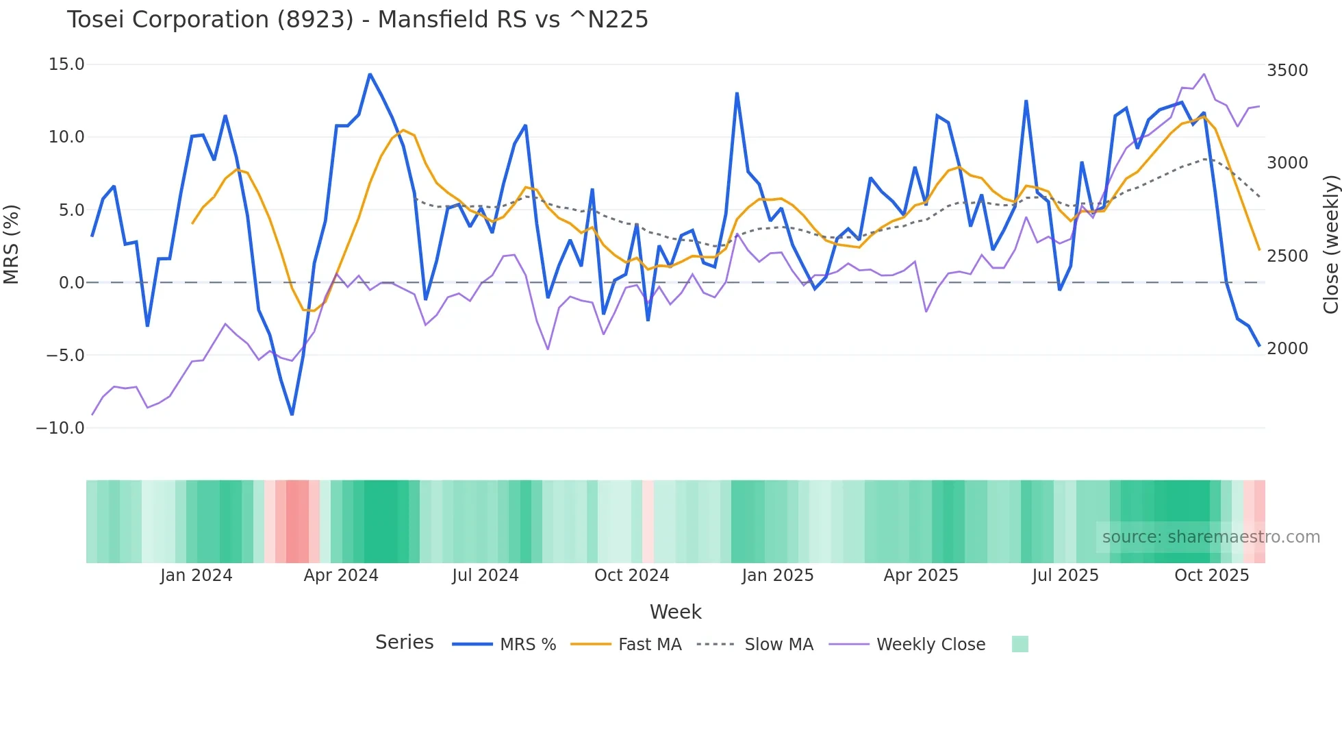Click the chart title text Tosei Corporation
pos(357,19)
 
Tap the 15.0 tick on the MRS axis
pos(66,64)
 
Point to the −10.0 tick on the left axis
pos(60,428)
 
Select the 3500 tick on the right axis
pos(1287,71)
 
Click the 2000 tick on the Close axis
pos(1287,349)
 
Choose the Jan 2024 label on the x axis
pos(196,575)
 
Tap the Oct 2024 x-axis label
pos(631,575)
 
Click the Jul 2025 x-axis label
pos(1065,575)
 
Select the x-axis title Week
pos(675,612)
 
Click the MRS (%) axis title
pos(12,245)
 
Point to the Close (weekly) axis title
pos(1330,245)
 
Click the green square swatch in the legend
pos(1020,644)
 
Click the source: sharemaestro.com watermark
pos(1211,537)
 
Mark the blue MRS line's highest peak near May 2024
pos(370,74)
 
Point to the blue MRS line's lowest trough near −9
pos(292,414)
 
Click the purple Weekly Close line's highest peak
pos(1204,74)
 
